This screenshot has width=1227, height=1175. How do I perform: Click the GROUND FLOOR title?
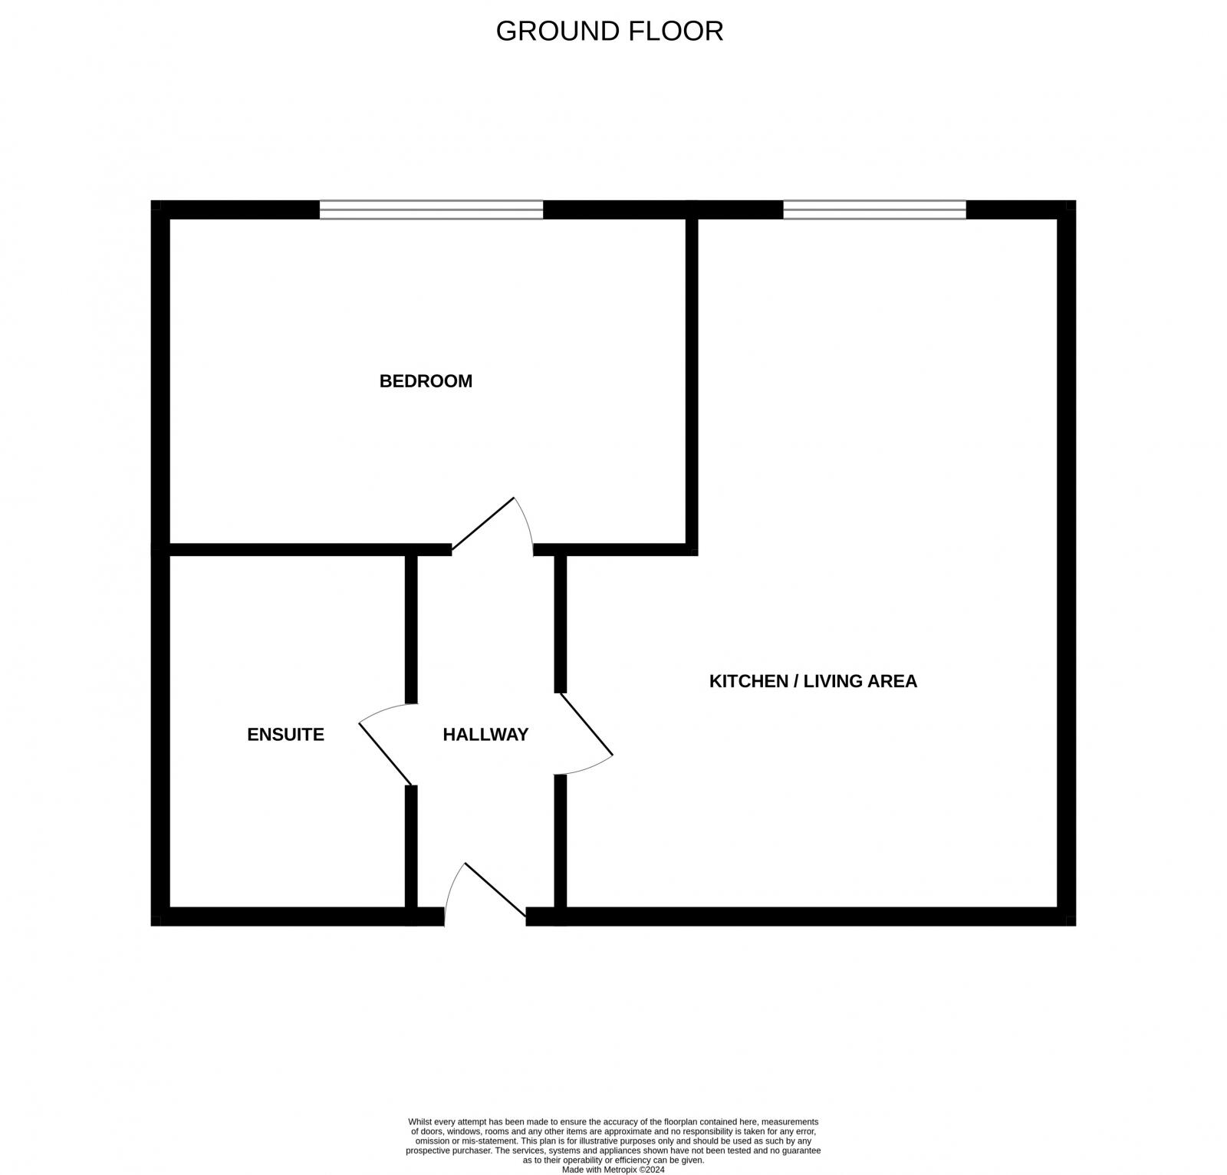click(609, 31)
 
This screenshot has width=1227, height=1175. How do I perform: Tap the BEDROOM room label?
click(426, 381)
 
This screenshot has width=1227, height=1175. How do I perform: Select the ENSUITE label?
click(285, 735)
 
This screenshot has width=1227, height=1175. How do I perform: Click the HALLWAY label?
click(485, 735)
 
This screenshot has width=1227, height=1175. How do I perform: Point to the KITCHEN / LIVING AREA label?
click(813, 681)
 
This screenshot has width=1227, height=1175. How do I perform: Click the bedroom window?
click(431, 209)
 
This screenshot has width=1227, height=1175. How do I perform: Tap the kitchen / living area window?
click(874, 209)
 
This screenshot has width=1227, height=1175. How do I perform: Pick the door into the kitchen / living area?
click(586, 725)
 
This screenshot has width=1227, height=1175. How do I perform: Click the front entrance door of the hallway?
click(494, 890)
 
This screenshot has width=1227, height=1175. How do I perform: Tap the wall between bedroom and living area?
click(692, 383)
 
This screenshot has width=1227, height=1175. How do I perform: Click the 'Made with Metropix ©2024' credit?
click(613, 1170)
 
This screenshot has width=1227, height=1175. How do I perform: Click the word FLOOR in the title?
click(676, 31)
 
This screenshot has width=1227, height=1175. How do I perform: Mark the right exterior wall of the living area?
click(1066, 560)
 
